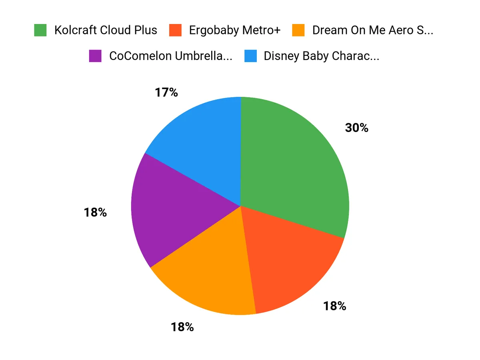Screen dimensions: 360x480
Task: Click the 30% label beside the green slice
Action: pos(356,128)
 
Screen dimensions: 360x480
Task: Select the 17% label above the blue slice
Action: pos(166,92)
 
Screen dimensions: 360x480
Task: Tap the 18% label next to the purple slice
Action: pos(95,212)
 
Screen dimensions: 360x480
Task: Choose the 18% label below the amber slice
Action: pos(182,327)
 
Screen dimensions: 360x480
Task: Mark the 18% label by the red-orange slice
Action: pos(334,306)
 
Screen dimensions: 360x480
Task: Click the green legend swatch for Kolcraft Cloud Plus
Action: pos(40,30)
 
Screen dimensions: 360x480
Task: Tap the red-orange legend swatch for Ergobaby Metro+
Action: pos(175,30)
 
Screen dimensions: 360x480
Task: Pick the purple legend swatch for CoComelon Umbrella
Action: pos(95,56)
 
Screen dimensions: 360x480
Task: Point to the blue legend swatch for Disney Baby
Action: pos(250,56)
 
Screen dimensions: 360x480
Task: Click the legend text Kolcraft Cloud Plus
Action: pos(106,30)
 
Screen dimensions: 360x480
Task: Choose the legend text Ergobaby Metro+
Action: pos(235,30)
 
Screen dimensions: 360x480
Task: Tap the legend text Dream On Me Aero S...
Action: pos(373,30)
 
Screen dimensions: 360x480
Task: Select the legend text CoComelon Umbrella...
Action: pos(170,56)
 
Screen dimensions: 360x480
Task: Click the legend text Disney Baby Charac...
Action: pos(321,56)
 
